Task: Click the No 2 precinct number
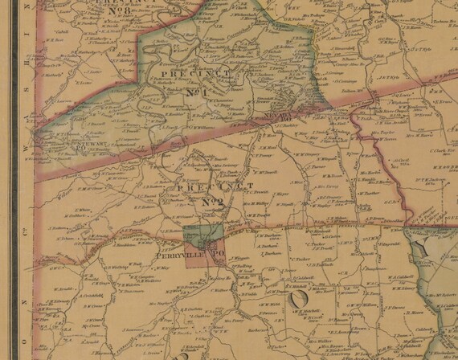[211, 201]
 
